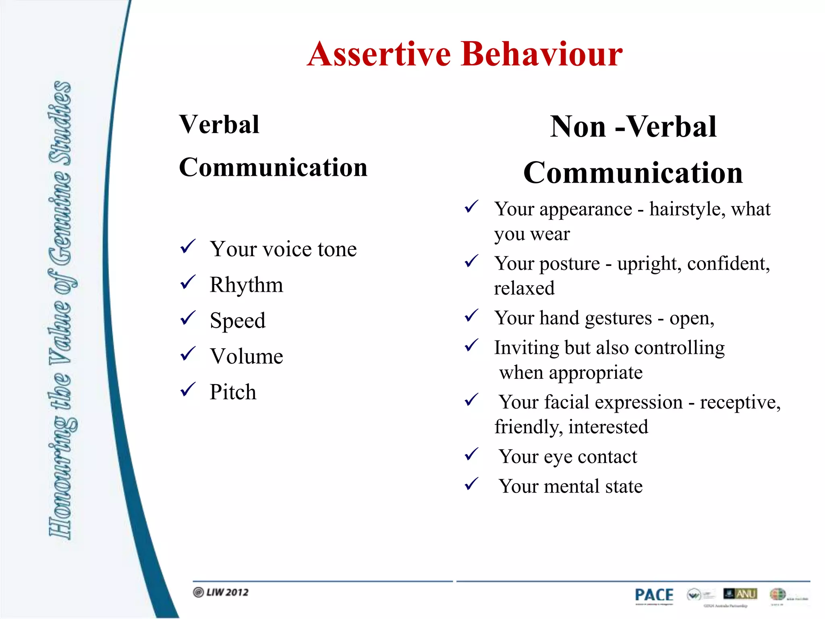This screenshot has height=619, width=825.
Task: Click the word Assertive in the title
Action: pyautogui.click(x=379, y=54)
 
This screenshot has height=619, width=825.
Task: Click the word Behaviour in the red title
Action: pyautogui.click(x=542, y=54)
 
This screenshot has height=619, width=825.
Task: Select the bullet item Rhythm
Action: pyautogui.click(x=246, y=285)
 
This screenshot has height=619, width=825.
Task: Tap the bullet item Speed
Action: pyautogui.click(x=238, y=321)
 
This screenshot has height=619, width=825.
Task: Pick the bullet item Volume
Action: pyautogui.click(x=246, y=357)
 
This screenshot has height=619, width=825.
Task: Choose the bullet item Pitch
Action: pyautogui.click(x=233, y=392)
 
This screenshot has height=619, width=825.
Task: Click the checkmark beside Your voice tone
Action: pyautogui.click(x=188, y=246)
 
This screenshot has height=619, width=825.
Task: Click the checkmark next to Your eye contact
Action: pyautogui.click(x=471, y=454)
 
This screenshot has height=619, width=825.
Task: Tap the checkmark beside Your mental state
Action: pyautogui.click(x=471, y=484)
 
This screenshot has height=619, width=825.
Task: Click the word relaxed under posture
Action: pyautogui.click(x=524, y=289)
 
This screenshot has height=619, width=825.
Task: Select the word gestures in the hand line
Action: pyautogui.click(x=618, y=319)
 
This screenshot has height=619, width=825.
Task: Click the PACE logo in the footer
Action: pyautogui.click(x=654, y=595)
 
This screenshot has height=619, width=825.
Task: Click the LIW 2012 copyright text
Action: pyautogui.click(x=221, y=592)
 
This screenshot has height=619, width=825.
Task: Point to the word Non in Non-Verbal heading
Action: pyautogui.click(x=578, y=127)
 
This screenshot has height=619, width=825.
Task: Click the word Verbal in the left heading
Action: pyautogui.click(x=220, y=125)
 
